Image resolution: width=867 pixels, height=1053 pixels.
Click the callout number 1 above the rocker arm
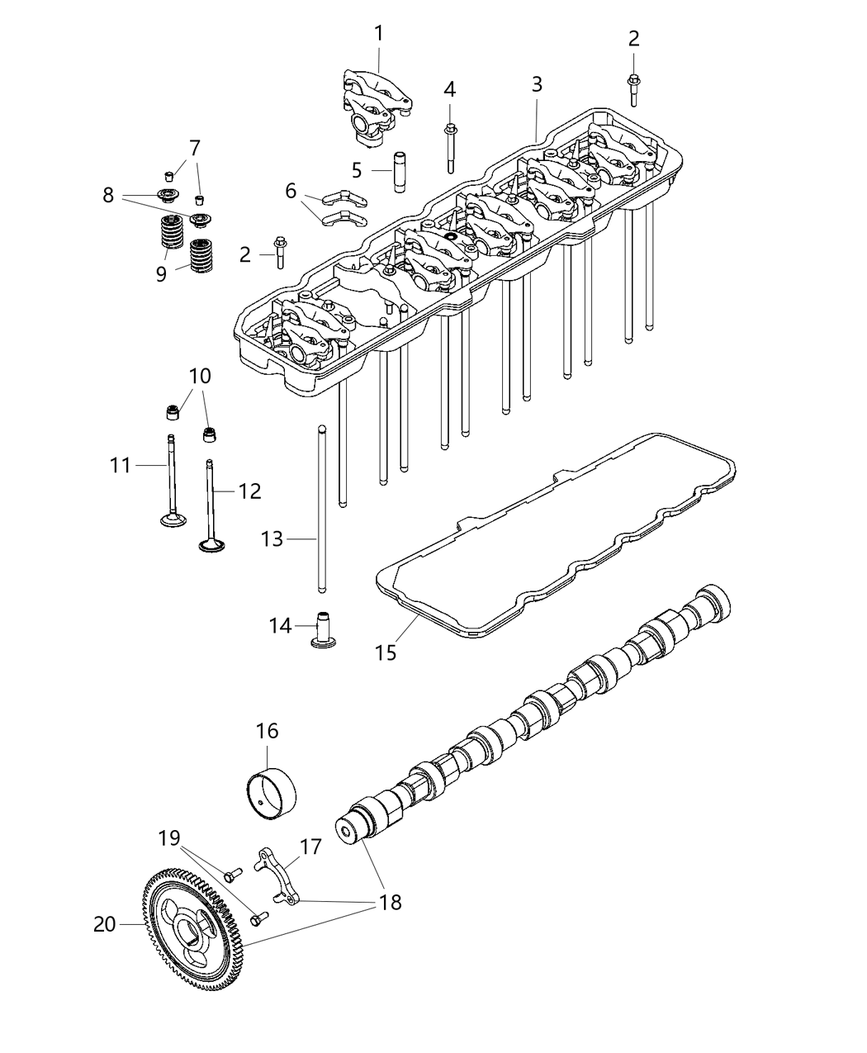tap(378, 34)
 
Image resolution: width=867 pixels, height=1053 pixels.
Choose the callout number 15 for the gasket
tap(386, 652)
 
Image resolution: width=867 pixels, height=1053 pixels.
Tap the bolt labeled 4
tap(451, 147)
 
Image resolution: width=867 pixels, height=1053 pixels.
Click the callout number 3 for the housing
tap(537, 83)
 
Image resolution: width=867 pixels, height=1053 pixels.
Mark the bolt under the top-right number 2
tap(634, 89)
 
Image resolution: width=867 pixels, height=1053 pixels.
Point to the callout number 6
tap(291, 191)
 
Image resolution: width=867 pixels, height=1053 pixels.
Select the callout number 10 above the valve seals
tap(200, 377)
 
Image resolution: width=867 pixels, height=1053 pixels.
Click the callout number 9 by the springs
tap(162, 273)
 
